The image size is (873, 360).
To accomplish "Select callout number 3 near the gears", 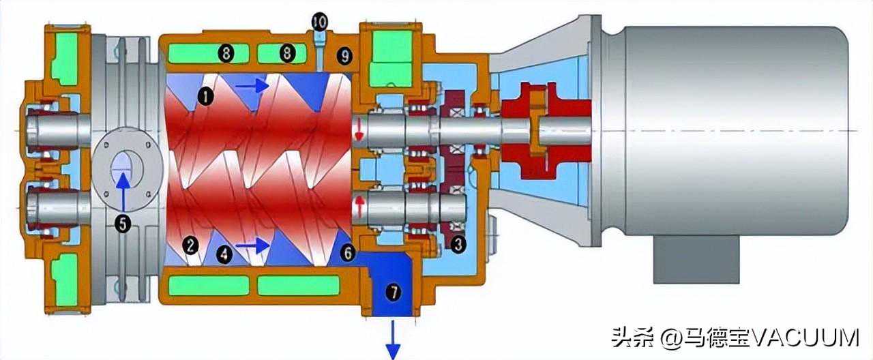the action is tap(458, 244).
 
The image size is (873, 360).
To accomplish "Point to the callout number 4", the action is tap(224, 254).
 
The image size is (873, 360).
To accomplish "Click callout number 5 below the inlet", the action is tap(123, 224).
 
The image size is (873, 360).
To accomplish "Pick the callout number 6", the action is tap(348, 253).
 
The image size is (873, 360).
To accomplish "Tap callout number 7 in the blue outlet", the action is tap(394, 291).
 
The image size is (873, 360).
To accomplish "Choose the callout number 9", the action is tap(345, 56).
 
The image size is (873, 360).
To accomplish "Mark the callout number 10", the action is tap(319, 22).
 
